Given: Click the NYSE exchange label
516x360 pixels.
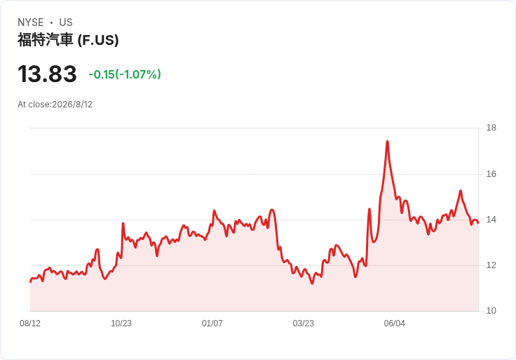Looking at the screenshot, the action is [31, 22].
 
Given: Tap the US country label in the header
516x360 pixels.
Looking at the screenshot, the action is [66, 22].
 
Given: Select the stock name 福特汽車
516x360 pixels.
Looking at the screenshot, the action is [45, 40].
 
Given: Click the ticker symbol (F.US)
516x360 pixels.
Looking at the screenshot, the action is [98, 40].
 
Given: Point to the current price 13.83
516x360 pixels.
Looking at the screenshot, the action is [47, 74].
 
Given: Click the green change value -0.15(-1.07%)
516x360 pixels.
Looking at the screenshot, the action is [125, 74].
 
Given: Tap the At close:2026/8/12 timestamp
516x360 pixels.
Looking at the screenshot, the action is [55, 105].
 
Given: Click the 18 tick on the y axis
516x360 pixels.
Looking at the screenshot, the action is [491, 128].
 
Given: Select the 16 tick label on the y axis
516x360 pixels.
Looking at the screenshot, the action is [491, 173].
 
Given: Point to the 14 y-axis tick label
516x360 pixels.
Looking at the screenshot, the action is [491, 220].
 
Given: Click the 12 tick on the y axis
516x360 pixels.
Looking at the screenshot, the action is [491, 265].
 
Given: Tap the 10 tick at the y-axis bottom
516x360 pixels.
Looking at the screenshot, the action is [491, 311].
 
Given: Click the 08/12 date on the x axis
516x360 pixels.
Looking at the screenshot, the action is [30, 324].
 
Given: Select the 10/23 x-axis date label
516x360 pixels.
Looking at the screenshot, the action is [121, 324].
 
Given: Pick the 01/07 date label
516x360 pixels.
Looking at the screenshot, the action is [212, 324].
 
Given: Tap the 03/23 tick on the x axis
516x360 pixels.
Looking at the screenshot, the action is [303, 324].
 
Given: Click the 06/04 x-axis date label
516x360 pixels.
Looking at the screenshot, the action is [394, 324].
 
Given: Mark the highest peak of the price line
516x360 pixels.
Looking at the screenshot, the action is [387, 141].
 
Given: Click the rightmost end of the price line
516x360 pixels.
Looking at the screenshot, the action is [478, 223].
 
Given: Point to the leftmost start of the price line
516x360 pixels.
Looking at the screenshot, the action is [30, 281].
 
